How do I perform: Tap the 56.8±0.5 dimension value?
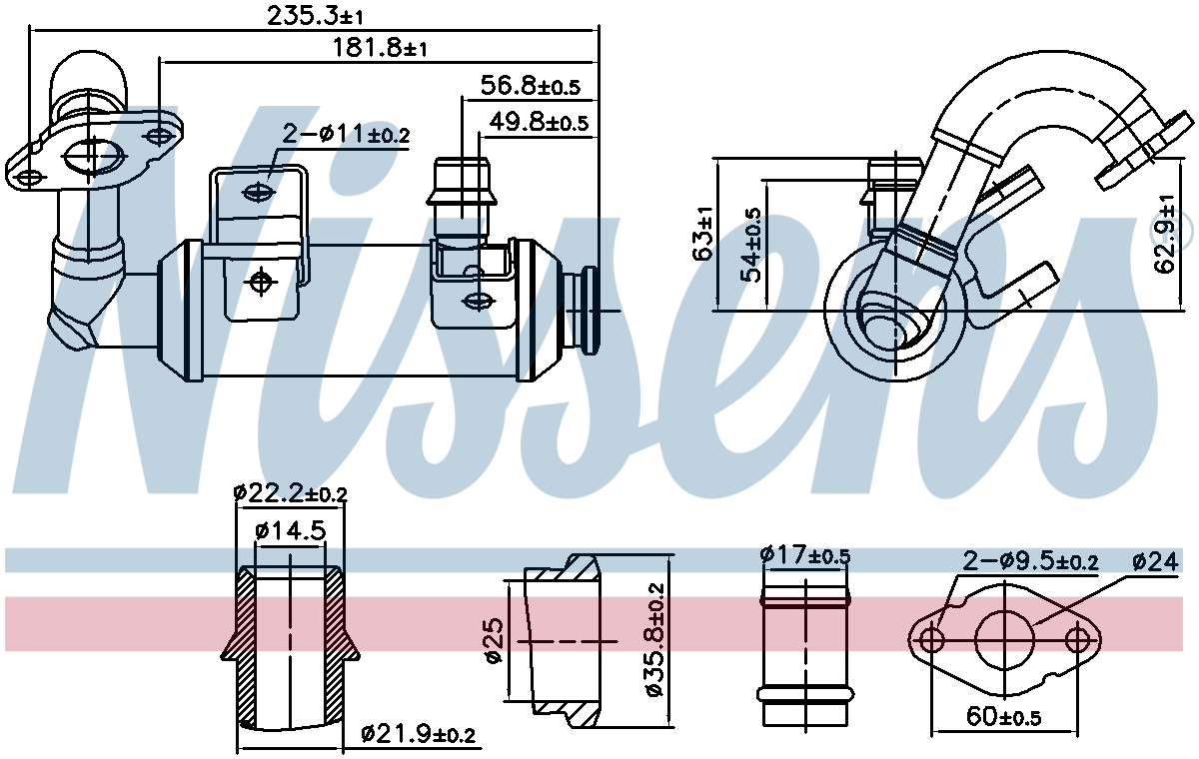coord(530,86)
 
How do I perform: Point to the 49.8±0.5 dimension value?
coord(538,122)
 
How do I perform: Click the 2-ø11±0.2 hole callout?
coord(346,134)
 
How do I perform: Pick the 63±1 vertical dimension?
coord(703,234)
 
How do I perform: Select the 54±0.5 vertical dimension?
coord(751,245)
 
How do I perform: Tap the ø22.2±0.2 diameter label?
coord(290,492)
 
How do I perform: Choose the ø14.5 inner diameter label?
coord(291,531)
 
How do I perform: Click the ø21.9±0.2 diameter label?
coord(419,735)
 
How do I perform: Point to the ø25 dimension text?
coord(492,640)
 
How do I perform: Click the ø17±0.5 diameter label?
coord(804,555)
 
